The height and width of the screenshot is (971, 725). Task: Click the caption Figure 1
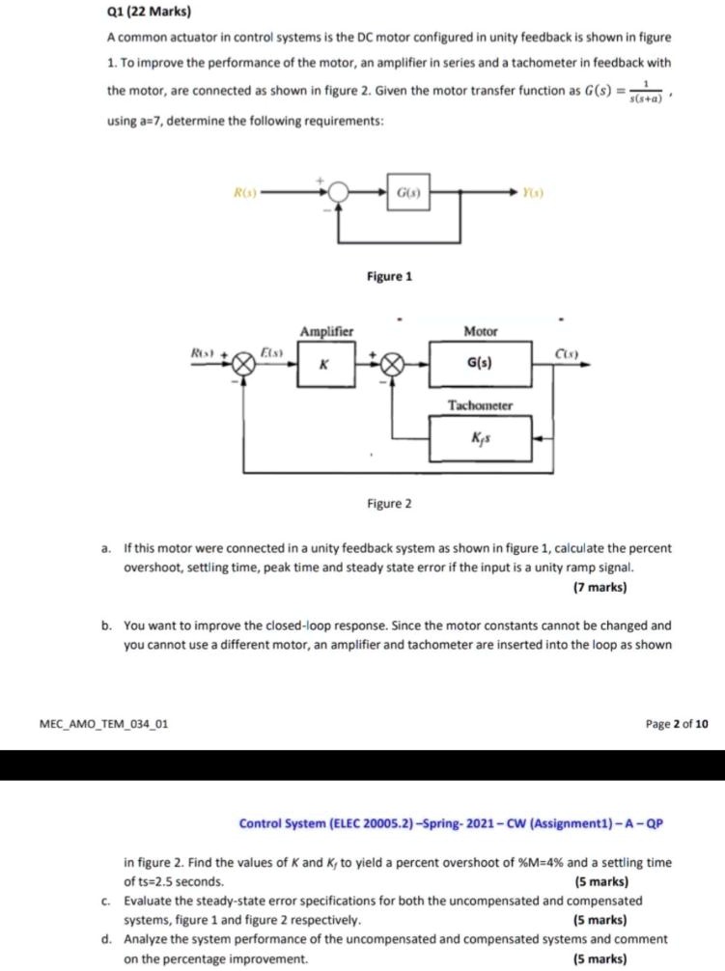389,277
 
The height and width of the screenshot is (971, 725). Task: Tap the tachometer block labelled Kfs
481,437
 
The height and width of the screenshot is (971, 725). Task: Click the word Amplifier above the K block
326,332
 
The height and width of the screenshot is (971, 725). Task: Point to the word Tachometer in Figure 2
481,405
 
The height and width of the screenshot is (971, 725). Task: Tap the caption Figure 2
389,504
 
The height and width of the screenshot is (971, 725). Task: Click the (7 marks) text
600,586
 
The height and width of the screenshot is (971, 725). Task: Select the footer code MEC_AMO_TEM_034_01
104,722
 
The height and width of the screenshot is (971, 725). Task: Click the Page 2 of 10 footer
675,722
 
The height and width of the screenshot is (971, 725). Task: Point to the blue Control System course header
452,823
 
